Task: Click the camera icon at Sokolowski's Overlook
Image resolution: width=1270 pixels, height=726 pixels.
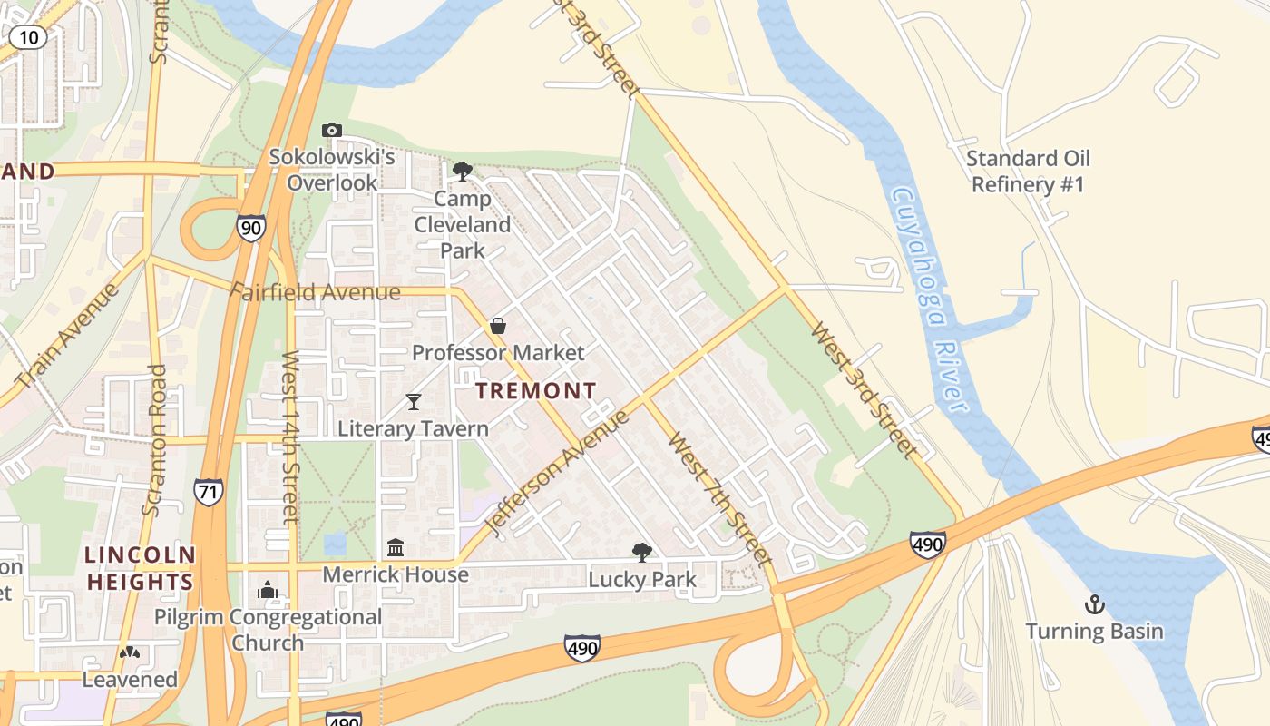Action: (332, 130)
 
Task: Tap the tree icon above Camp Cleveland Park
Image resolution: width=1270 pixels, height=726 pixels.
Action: (462, 171)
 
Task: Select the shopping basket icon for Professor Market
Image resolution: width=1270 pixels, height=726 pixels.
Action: (498, 325)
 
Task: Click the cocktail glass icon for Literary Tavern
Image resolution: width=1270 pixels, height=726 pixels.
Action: (414, 401)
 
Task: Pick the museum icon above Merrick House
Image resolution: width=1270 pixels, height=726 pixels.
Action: (396, 547)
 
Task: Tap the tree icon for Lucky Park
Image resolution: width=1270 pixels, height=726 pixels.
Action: (642, 552)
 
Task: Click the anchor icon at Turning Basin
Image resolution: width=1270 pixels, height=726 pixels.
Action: (1095, 603)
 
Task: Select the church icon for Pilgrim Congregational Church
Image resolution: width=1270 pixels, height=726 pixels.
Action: (267, 590)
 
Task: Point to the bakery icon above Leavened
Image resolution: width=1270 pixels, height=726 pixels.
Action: (130, 652)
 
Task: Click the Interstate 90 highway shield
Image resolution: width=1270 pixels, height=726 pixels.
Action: (251, 227)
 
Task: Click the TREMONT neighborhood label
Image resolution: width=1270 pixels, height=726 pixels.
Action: (536, 391)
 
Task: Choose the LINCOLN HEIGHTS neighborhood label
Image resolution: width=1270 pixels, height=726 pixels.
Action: (140, 568)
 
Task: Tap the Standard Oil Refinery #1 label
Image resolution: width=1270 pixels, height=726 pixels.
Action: (1028, 172)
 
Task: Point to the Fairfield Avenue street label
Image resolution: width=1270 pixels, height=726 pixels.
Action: (315, 292)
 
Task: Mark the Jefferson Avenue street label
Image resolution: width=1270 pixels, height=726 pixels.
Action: (557, 472)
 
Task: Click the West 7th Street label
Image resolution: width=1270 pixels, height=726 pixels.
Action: (720, 498)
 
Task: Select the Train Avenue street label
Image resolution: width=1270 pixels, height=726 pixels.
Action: (67, 336)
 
